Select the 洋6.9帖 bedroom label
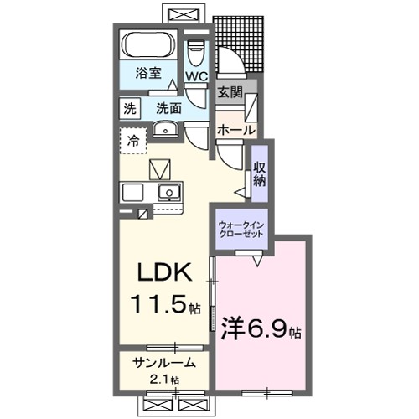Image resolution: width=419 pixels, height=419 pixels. (x=261, y=328)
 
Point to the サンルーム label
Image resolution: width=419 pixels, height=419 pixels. (x=164, y=363)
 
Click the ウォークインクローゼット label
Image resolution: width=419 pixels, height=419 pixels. (x=241, y=230)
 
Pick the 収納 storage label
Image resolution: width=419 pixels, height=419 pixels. (x=260, y=173)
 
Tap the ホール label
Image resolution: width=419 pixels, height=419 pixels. (x=236, y=131)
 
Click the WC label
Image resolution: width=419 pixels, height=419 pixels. (x=195, y=76)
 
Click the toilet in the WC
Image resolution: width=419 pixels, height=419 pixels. (x=195, y=52)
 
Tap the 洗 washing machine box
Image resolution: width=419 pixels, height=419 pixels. (x=130, y=107)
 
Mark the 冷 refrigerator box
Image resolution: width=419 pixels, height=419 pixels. (x=133, y=142)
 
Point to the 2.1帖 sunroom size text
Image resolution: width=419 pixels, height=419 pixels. (x=163, y=380)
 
